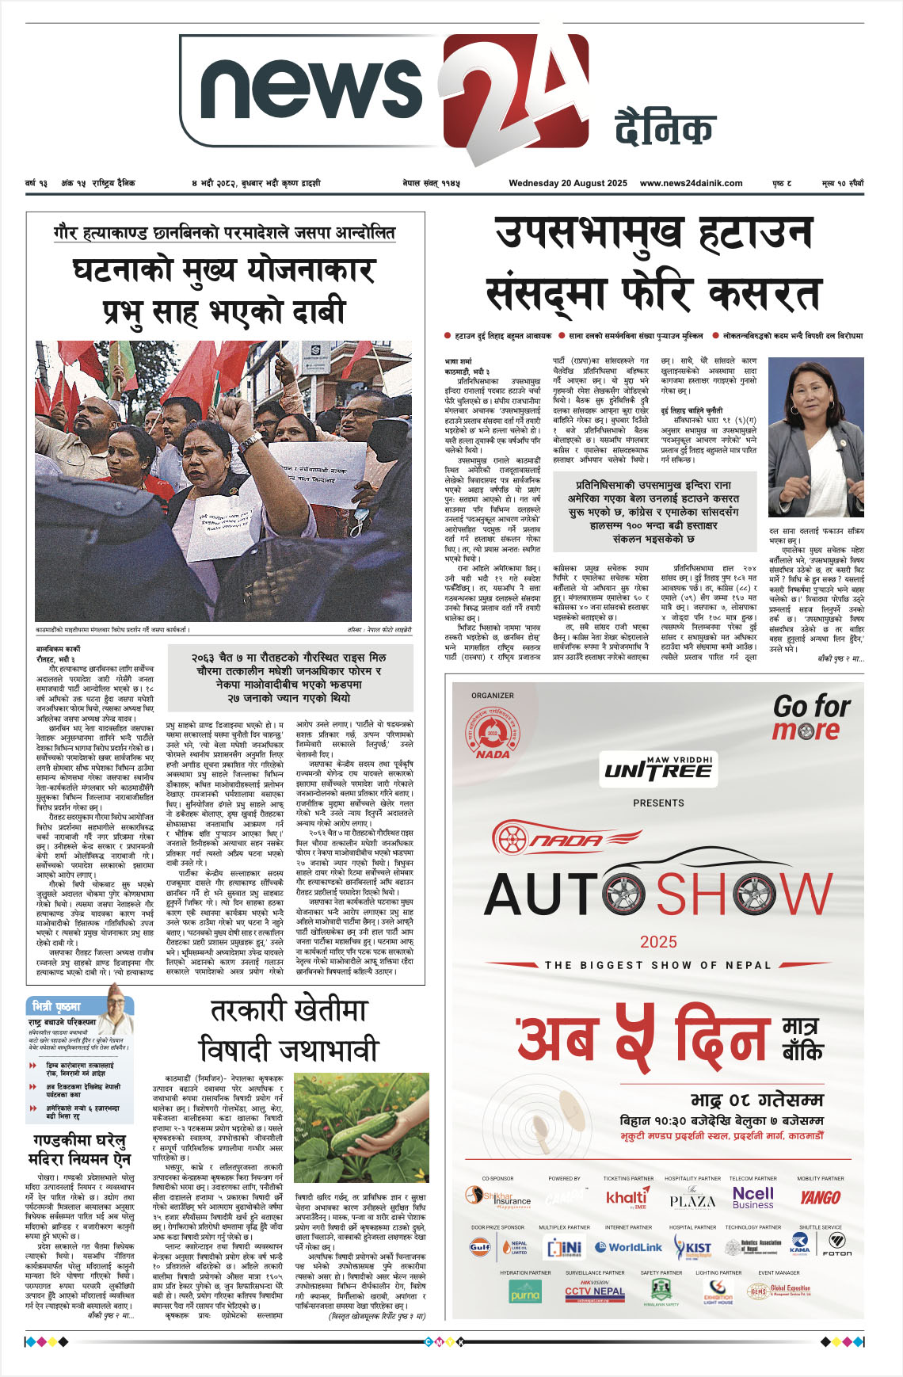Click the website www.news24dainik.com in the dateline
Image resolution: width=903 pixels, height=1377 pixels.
pos(691,183)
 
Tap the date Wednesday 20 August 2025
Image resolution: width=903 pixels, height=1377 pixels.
pos(568,183)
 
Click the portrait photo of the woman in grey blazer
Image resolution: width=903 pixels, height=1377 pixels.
pos(816,438)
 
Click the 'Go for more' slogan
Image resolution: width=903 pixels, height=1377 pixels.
pos(811,717)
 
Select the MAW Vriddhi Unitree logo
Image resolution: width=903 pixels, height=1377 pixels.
pos(657,768)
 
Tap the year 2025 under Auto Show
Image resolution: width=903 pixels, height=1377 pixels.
pos(658,941)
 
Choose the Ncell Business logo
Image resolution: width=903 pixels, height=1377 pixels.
pos(752,1197)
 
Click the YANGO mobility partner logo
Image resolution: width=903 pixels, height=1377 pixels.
pos(820,1197)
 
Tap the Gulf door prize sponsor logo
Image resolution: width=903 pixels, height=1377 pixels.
pos(480,1247)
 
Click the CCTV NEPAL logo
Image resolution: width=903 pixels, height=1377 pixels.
pos(595,1291)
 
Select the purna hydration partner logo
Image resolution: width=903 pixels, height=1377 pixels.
pos(524,1292)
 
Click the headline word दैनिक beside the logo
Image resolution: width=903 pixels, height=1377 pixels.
pos(665,129)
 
